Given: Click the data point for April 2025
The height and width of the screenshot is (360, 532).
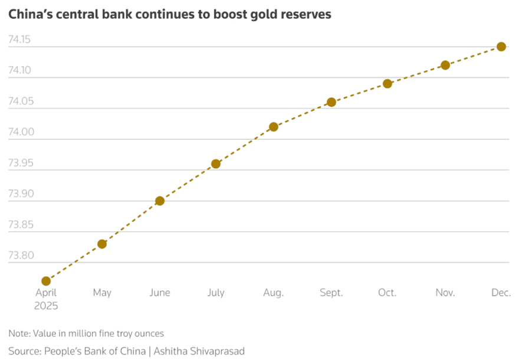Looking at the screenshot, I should click(x=46, y=281).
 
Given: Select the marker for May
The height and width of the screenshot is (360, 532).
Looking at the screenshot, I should click(x=102, y=244).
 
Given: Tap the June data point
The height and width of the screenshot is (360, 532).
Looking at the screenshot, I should click(x=159, y=201).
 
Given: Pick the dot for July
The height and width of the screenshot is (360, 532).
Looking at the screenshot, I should click(x=216, y=163).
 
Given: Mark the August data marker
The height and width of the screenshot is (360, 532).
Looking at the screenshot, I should click(x=274, y=126).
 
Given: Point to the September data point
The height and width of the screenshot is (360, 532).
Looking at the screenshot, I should click(x=331, y=102).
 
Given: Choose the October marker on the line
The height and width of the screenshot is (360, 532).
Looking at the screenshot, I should click(x=387, y=84).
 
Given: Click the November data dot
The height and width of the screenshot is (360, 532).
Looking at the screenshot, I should click(x=445, y=65).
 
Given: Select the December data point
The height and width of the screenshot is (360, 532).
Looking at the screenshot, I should click(x=501, y=47).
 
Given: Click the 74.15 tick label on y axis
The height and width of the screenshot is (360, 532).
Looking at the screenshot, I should click(x=19, y=40).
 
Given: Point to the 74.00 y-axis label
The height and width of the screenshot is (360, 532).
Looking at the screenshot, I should click(x=19, y=133).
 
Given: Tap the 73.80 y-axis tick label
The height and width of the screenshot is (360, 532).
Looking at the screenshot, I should click(x=19, y=256).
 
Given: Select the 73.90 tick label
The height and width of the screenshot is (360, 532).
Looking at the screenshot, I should click(x=19, y=194).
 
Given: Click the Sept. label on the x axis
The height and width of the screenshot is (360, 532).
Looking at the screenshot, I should click(x=331, y=293).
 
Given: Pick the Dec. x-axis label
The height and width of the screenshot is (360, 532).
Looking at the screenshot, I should click(x=501, y=293).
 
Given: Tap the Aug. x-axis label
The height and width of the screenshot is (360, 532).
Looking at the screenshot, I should click(x=274, y=293).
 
